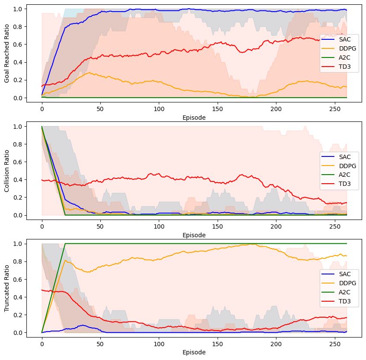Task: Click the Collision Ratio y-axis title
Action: [7, 171]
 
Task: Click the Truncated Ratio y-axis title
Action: [7, 288]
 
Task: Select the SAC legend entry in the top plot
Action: [339, 40]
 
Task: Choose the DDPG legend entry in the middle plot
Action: [339, 166]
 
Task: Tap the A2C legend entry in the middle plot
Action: [339, 175]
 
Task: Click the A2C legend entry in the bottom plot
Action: [339, 292]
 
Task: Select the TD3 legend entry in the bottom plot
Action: [339, 301]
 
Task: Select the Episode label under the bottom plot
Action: [194, 352]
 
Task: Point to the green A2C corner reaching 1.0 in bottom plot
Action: [65, 244]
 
